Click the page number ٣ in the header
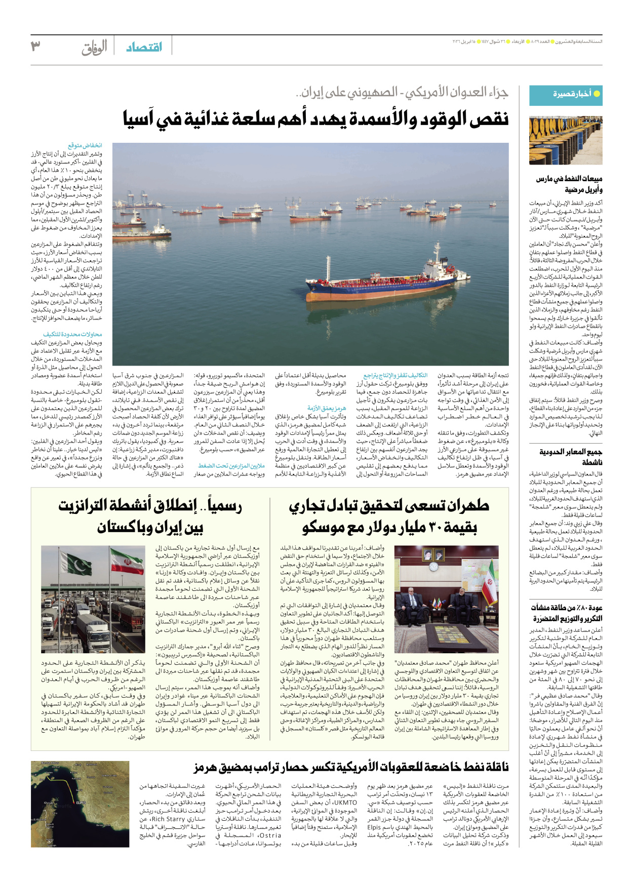point(35,46)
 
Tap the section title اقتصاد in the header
point(144,47)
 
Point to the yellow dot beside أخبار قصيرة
point(597,94)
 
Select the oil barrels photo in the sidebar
point(565,140)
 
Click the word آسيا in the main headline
point(143,119)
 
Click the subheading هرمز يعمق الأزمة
point(327,408)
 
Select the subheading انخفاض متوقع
point(85,145)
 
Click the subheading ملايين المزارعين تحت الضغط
point(231,465)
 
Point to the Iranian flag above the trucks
point(127,562)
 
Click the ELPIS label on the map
point(81,803)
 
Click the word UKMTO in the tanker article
point(345,803)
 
